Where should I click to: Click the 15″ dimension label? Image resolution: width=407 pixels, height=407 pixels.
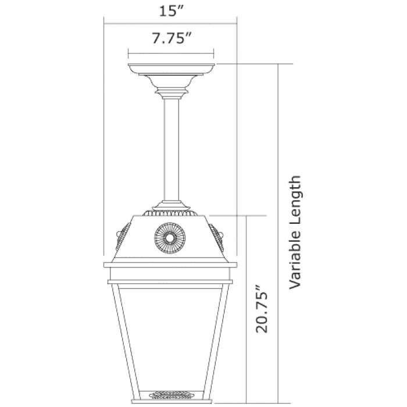click(172, 10)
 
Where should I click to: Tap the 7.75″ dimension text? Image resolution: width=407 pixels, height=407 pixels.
click(172, 38)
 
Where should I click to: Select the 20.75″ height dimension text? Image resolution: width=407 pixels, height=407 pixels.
click(262, 309)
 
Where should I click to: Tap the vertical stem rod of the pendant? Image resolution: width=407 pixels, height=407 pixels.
click(172, 150)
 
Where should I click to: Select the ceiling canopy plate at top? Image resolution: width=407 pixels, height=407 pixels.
click(172, 69)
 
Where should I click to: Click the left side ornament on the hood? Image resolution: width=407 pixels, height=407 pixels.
click(123, 237)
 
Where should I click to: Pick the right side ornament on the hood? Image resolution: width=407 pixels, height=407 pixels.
click(217, 237)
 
